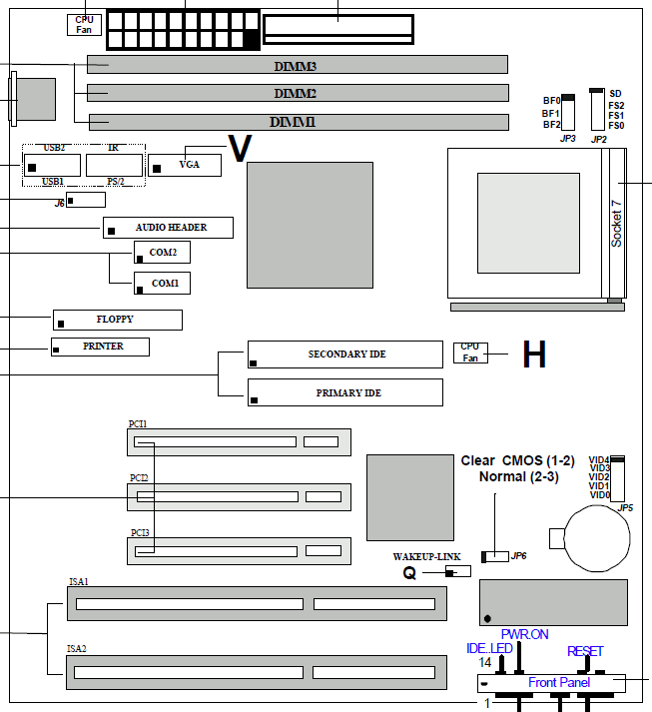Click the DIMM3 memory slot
297,65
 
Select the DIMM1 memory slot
297,122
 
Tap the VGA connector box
185,165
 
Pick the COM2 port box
162,253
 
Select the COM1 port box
162,284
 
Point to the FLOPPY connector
117,320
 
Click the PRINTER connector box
101,347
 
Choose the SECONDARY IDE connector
344,355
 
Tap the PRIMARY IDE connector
344,392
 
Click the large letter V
240,149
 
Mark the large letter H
534,355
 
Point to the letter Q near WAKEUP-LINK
409,574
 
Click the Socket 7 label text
616,224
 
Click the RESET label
585,652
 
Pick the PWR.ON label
525,634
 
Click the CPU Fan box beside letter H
469,352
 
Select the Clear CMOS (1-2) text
517,461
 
